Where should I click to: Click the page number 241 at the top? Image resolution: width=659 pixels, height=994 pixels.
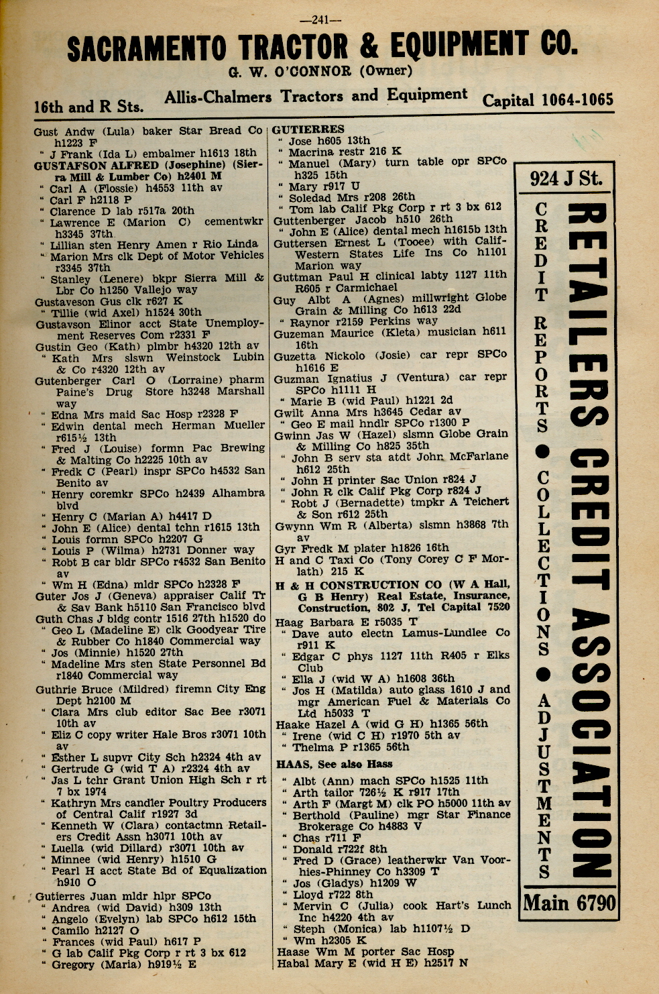click(320, 20)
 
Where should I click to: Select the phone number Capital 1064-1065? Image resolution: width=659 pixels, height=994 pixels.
click(547, 100)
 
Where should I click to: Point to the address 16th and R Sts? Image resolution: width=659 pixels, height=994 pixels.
click(88, 107)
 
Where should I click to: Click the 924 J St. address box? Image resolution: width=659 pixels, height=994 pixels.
click(566, 178)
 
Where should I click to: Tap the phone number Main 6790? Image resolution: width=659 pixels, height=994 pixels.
click(568, 903)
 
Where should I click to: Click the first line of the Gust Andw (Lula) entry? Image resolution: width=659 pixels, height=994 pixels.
click(147, 131)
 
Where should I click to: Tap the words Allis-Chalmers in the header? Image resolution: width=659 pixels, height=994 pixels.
click(218, 97)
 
